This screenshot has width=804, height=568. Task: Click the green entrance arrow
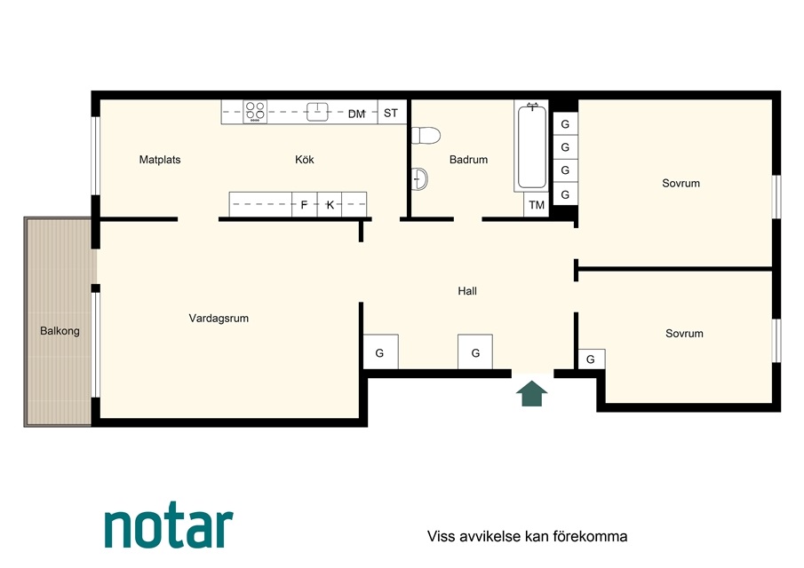tap(532, 393)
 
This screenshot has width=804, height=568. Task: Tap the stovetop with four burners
tap(255, 112)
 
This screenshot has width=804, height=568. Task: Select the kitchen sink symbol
tap(317, 112)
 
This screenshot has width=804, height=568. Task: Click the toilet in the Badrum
tap(426, 136)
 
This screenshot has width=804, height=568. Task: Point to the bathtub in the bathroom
tap(532, 146)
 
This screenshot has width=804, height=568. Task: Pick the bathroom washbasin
tap(419, 178)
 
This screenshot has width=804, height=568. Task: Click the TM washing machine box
tap(537, 205)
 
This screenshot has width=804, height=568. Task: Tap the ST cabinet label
tap(391, 113)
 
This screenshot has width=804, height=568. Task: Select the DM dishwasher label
tap(356, 114)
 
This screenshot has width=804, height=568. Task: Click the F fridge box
tap(305, 204)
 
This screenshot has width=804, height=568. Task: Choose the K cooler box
tap(330, 204)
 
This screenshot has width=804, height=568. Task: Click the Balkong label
tap(60, 331)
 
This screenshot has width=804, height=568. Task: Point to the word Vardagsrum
tap(219, 318)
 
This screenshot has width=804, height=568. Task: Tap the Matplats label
tap(160, 160)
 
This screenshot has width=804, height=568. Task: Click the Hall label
tap(467, 291)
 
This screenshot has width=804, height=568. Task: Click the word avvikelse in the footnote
tap(484, 536)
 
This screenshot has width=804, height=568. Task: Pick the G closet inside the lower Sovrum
tap(592, 359)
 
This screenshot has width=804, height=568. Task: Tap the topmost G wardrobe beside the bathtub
tap(565, 124)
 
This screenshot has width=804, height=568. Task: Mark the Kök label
tap(305, 160)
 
